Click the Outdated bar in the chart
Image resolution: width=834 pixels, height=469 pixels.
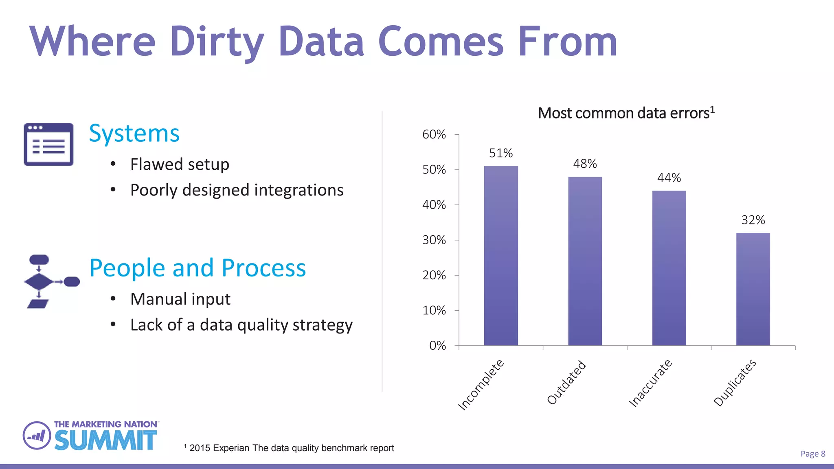pyautogui.click(x=585, y=261)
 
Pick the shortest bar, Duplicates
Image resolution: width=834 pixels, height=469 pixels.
pyautogui.click(x=753, y=289)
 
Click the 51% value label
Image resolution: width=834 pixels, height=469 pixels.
pyautogui.click(x=501, y=153)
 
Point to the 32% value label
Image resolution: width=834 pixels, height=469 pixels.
pyautogui.click(x=753, y=220)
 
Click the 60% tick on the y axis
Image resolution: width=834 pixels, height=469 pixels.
pyautogui.click(x=434, y=134)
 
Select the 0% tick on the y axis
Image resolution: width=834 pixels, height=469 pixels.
pyautogui.click(x=437, y=346)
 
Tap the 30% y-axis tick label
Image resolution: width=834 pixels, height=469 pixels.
pyautogui.click(x=434, y=240)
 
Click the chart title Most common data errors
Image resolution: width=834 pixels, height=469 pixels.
pyautogui.click(x=626, y=113)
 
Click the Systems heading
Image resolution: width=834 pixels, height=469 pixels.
pyautogui.click(x=134, y=133)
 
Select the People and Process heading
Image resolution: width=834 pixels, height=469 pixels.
pyautogui.click(x=198, y=268)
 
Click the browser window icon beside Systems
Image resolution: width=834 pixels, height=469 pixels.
pyautogui.click(x=48, y=144)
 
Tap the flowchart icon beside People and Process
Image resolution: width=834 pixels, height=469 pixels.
pyautogui.click(x=50, y=282)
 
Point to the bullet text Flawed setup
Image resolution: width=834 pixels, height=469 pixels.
pyautogui.click(x=180, y=164)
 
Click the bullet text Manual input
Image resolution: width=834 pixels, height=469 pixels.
pyautogui.click(x=180, y=299)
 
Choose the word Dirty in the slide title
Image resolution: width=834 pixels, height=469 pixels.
pyautogui.click(x=217, y=42)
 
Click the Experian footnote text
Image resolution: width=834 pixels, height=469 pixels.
pyautogui.click(x=291, y=448)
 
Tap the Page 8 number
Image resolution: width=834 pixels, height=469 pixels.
pyautogui.click(x=812, y=454)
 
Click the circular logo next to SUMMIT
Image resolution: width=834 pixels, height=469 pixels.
pyautogui.click(x=37, y=436)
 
